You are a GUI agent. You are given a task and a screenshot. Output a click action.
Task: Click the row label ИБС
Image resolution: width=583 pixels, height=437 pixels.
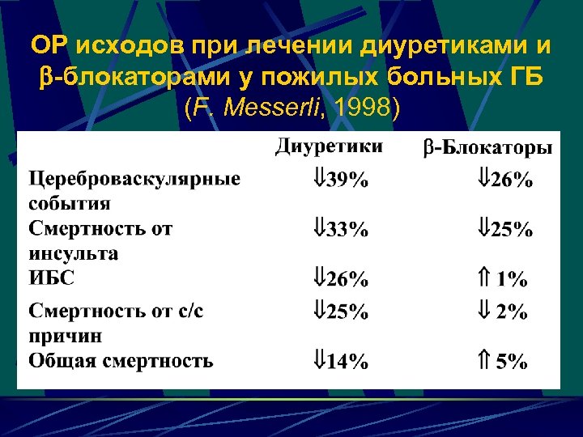click(x=51, y=278)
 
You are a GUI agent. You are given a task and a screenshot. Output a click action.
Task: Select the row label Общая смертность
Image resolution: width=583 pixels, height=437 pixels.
click(x=121, y=360)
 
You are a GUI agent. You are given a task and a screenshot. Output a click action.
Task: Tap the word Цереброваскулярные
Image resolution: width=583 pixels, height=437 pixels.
click(x=134, y=178)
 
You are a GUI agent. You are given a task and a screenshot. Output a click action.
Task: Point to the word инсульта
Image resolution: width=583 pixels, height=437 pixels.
click(x=74, y=253)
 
